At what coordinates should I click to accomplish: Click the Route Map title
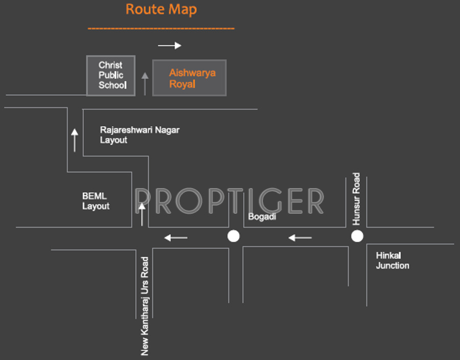coord(161,9)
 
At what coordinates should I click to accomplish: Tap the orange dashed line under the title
coord(161,28)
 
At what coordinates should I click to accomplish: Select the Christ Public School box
coord(111,76)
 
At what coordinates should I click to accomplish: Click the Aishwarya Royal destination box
coord(190,78)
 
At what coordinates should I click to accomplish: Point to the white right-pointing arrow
coord(170,46)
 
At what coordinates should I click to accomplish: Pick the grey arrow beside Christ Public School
coord(145,83)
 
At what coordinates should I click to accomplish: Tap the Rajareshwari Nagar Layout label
coord(140,135)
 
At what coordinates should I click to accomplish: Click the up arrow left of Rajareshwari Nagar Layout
coord(75,140)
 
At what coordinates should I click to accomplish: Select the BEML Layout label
coord(96,201)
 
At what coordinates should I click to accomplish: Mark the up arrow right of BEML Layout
coord(142,214)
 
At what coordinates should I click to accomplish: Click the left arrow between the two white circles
coord(300,237)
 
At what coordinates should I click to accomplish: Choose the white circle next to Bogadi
coord(234,236)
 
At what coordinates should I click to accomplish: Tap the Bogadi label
coord(262,217)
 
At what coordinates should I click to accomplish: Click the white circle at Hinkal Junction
coord(357,236)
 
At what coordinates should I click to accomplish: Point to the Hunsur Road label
coord(356,199)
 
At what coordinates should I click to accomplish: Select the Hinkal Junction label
coord(393,260)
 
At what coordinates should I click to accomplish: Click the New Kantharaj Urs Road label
coord(145,306)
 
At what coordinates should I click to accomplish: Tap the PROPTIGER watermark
coord(229,201)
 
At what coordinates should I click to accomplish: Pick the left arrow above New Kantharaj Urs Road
coord(176,237)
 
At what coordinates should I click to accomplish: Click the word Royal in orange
coord(182,84)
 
